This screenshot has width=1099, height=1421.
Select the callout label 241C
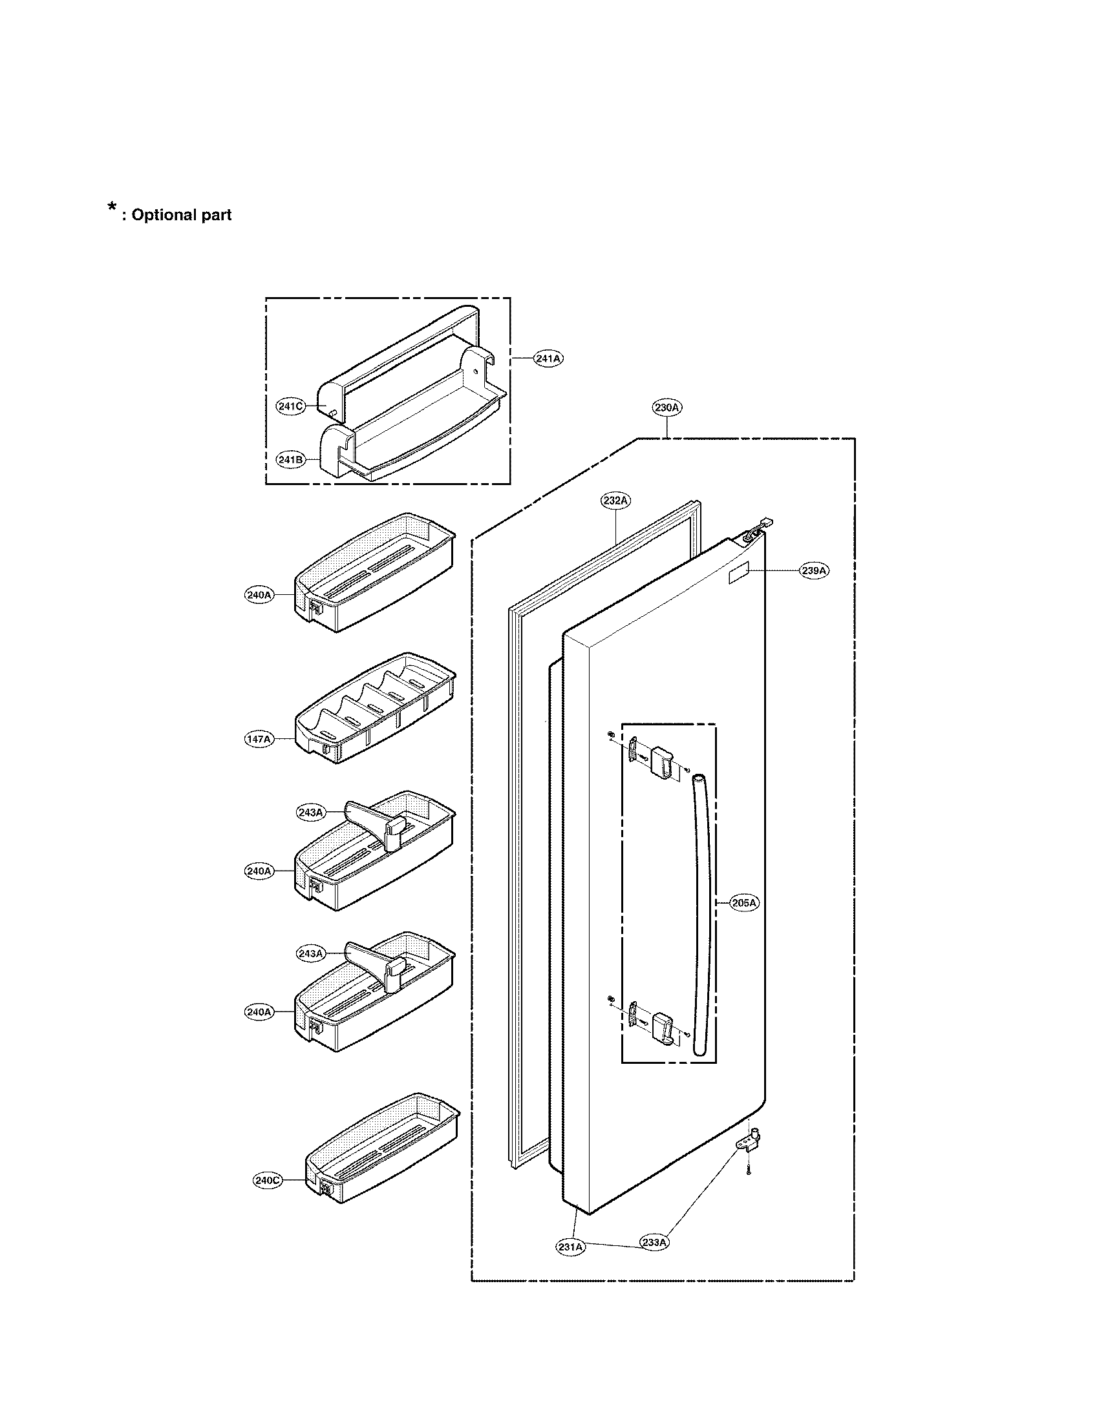(291, 407)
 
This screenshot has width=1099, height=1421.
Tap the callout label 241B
(291, 459)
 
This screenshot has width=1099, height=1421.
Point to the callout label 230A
(667, 408)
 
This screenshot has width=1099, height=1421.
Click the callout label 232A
(615, 501)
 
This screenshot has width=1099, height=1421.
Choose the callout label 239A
(814, 570)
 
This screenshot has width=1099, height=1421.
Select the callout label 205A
(744, 903)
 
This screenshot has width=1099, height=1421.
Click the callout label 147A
(259, 739)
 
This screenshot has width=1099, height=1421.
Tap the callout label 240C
(268, 1180)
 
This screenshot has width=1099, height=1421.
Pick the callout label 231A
(570, 1247)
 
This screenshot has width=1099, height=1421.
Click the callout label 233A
(654, 1242)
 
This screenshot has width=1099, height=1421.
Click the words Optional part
(181, 215)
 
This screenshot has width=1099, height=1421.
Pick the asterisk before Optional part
(111, 208)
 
